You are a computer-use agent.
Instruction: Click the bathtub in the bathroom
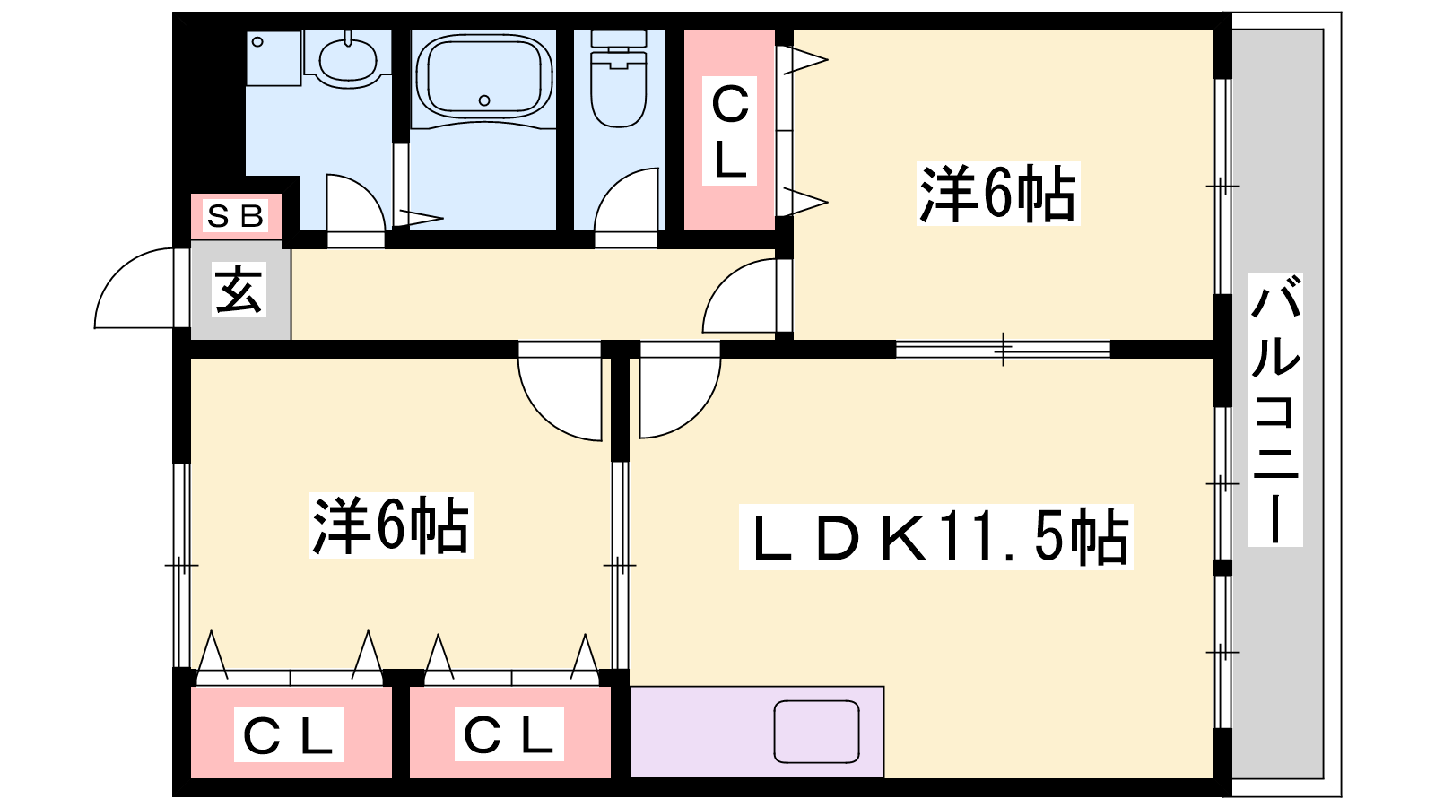click(x=484, y=75)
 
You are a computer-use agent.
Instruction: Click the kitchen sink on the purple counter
click(x=816, y=732)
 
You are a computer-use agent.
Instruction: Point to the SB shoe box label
click(x=236, y=216)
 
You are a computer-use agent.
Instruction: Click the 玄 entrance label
click(x=239, y=291)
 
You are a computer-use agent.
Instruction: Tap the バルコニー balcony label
click(x=1274, y=411)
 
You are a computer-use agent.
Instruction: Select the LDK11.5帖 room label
click(x=935, y=537)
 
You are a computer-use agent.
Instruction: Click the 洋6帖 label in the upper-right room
click(x=998, y=194)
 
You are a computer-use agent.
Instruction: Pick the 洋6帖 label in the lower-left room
click(x=390, y=525)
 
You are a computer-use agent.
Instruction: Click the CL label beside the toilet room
click(x=729, y=132)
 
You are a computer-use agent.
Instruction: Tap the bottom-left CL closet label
click(x=289, y=735)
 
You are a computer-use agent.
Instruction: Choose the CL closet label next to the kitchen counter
click(x=509, y=734)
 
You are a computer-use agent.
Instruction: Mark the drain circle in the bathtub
click(x=484, y=100)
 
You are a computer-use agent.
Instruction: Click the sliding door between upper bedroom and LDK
click(x=1003, y=349)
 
